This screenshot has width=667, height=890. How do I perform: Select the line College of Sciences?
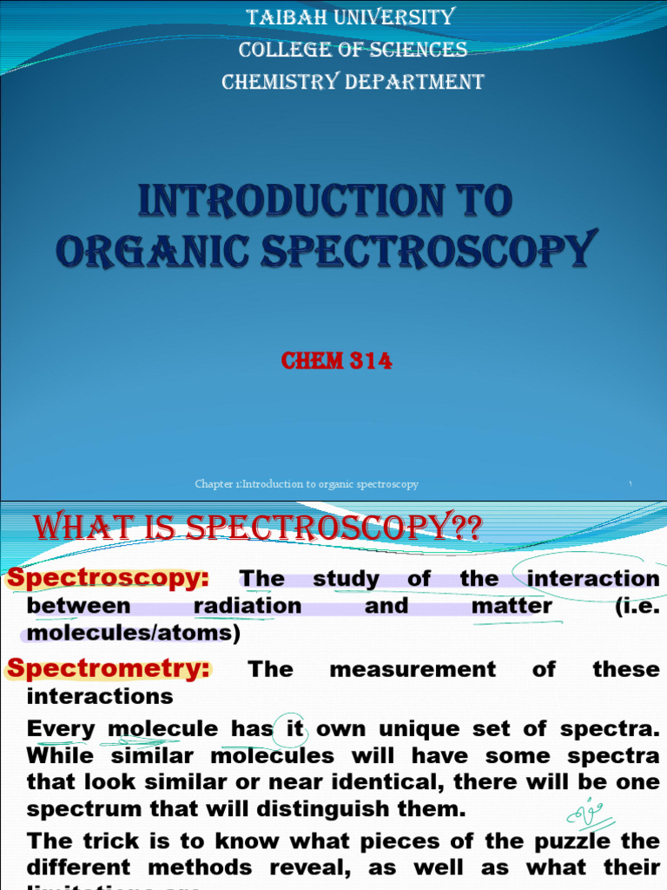pos(353,50)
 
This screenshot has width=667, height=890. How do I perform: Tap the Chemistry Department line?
pos(353,83)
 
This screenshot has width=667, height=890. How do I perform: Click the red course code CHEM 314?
pos(336,361)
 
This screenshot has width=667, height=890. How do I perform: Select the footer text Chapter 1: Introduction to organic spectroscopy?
pos(307,484)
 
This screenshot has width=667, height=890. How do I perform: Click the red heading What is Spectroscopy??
pos(257,528)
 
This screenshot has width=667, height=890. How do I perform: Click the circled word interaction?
pos(593,579)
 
